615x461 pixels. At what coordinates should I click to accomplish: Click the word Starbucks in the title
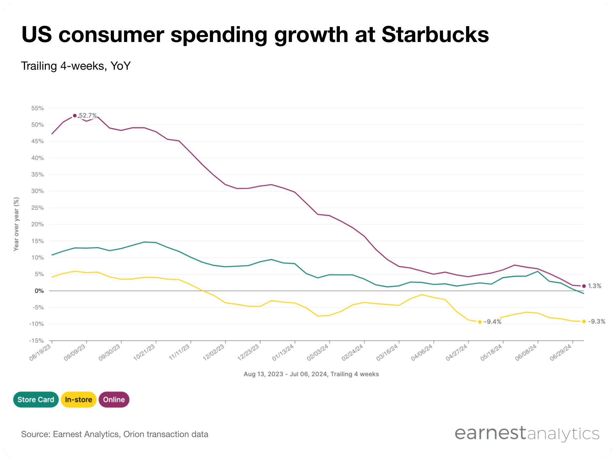[435, 35]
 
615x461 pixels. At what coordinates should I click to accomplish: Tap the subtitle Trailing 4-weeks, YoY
[76, 66]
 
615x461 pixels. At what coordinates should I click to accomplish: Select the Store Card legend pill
[36, 400]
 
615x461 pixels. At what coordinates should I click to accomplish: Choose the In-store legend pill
[78, 400]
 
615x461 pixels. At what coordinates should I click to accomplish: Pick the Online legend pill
[114, 400]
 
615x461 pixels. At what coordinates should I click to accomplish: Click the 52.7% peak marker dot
[75, 116]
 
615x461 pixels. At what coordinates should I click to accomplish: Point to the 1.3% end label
[594, 286]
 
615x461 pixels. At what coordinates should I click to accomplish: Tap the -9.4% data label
[493, 322]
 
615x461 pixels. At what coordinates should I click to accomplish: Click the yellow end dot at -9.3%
[584, 321]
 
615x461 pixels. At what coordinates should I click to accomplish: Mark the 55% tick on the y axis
[37, 108]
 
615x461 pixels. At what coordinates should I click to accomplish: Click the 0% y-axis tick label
[39, 291]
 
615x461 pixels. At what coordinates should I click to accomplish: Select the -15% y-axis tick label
[37, 341]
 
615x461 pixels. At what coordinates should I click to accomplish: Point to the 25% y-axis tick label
[37, 208]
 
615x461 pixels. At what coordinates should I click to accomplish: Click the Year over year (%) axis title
[16, 224]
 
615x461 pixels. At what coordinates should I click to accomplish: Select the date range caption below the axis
[311, 374]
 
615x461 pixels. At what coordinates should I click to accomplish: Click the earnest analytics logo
[527, 433]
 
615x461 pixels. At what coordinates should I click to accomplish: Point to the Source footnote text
[115, 434]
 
